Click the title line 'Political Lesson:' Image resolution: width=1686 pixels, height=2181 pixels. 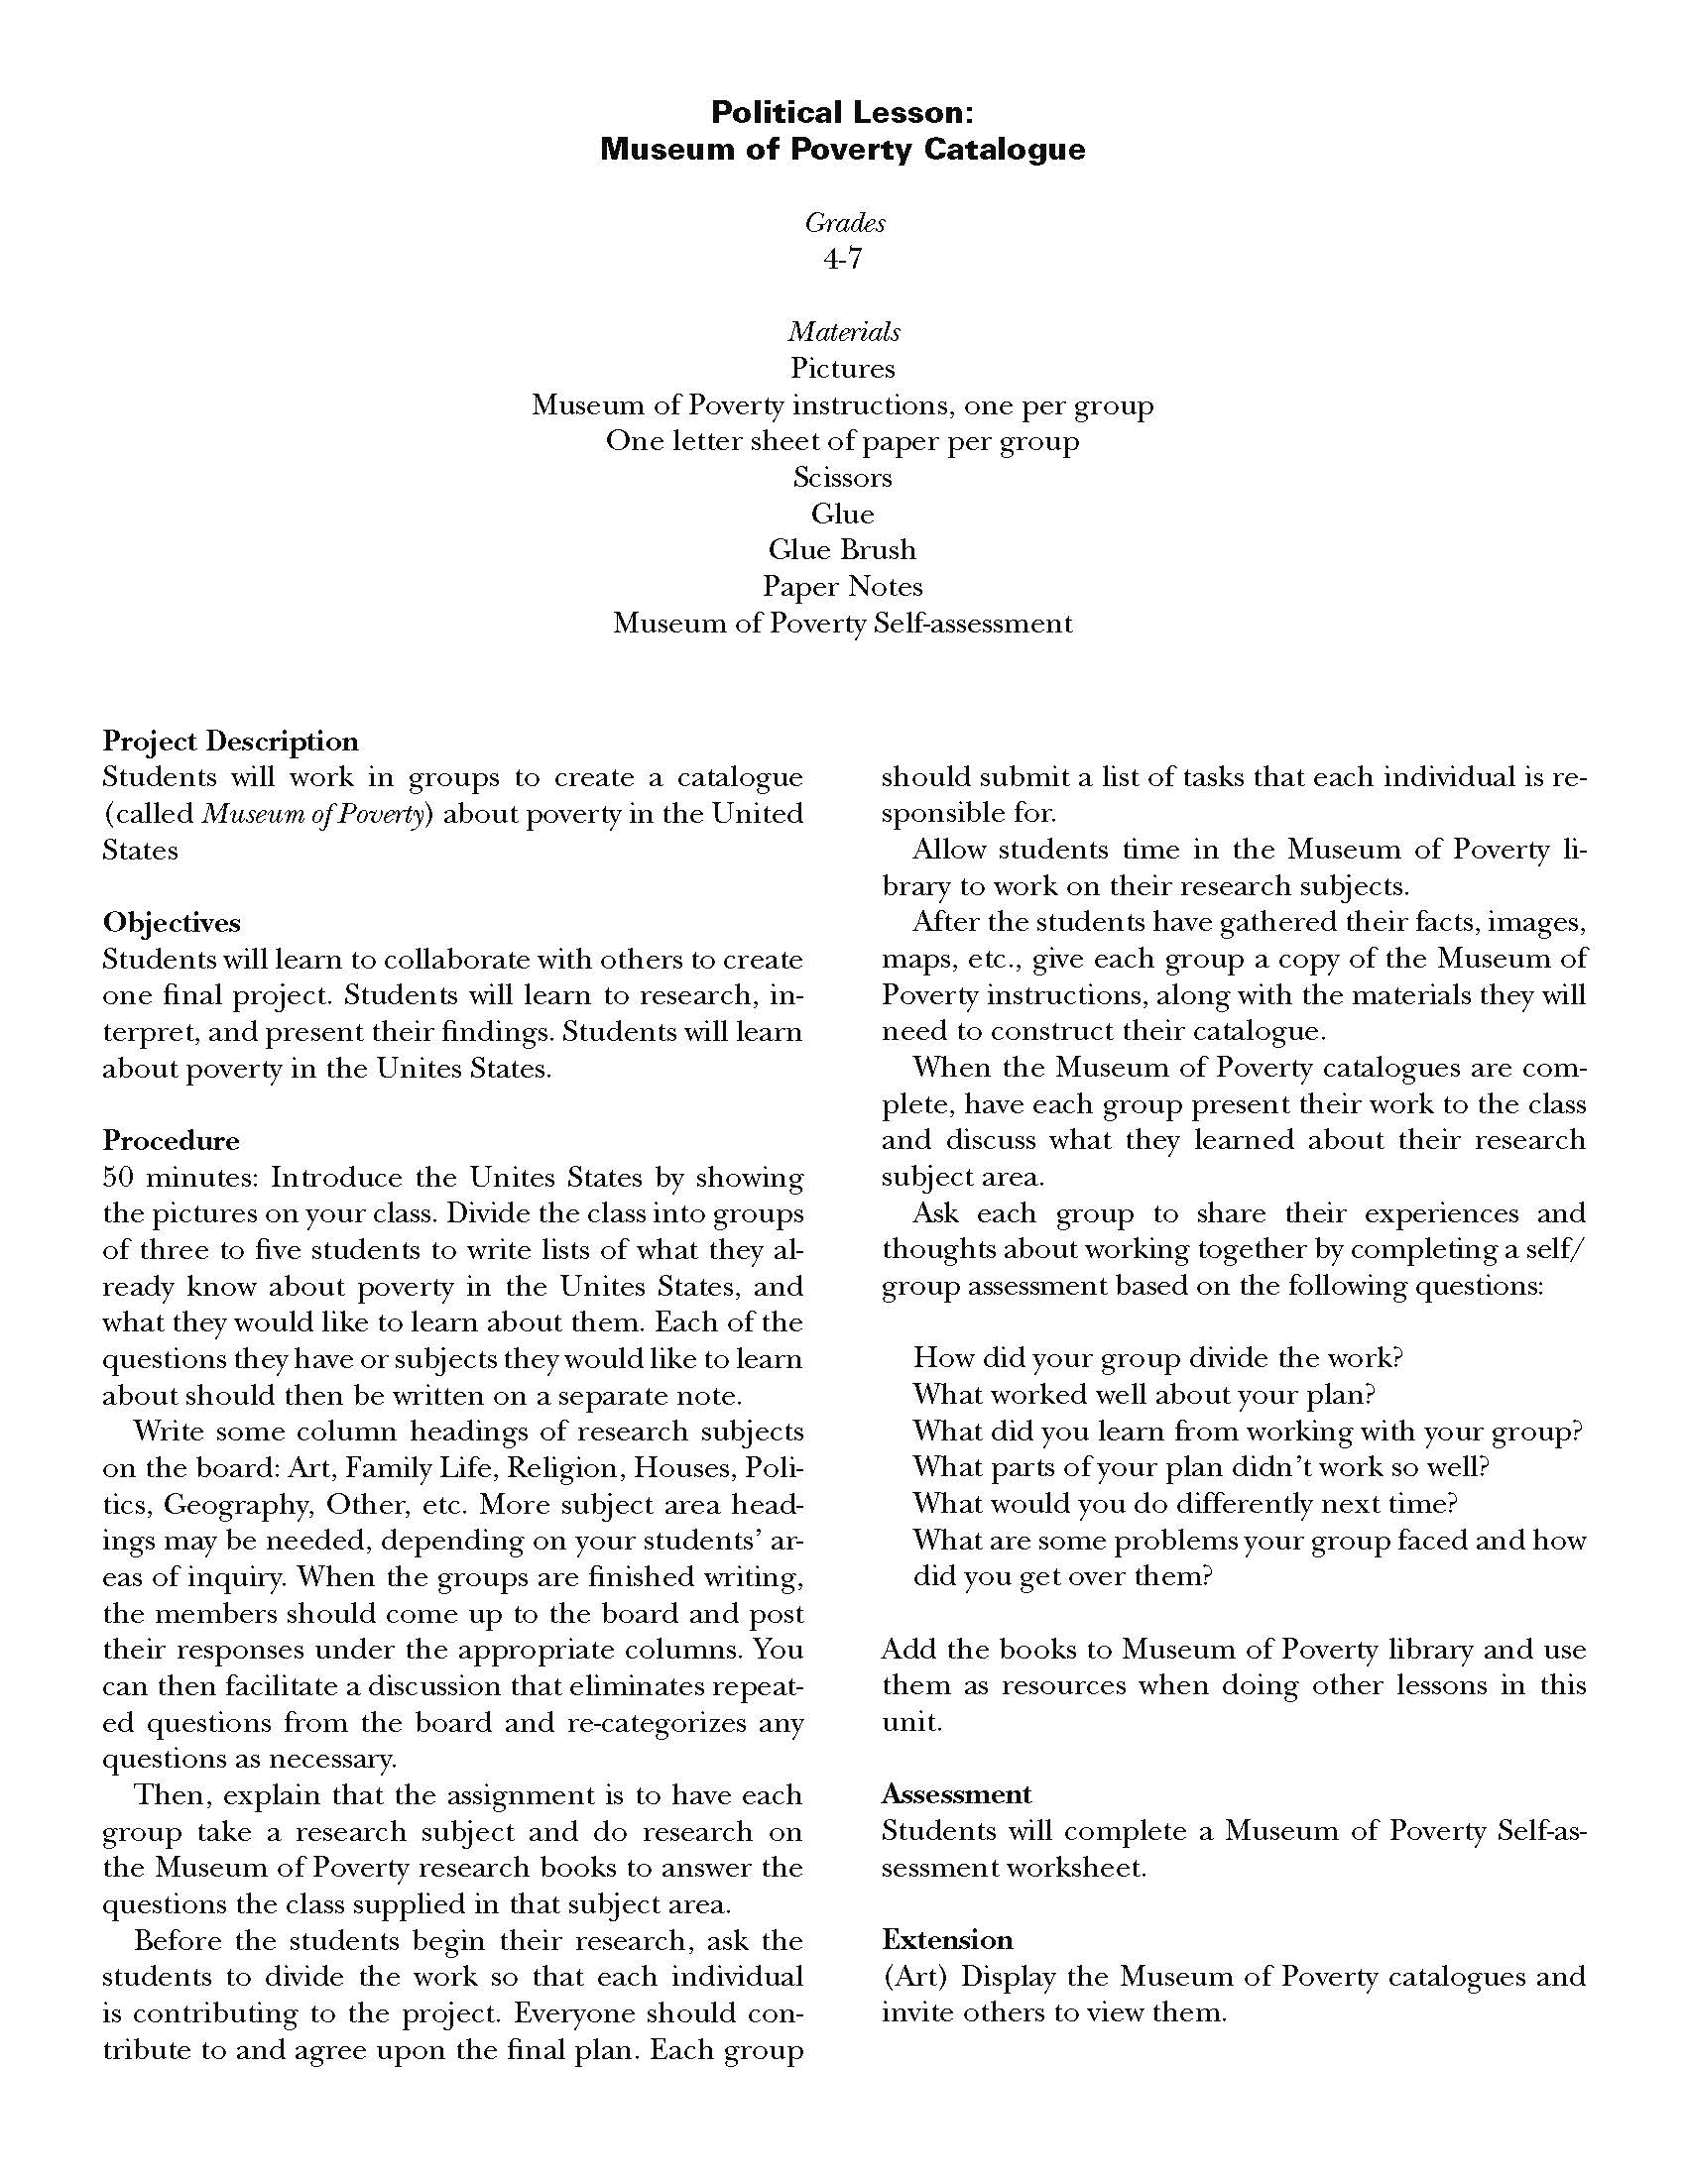(842, 112)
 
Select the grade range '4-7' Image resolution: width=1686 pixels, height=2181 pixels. (842, 259)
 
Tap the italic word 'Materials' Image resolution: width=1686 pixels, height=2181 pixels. (843, 331)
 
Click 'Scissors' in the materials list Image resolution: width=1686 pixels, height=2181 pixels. (842, 478)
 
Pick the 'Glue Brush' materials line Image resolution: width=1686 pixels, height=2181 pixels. (842, 550)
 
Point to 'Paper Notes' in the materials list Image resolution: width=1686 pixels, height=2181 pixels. (842, 586)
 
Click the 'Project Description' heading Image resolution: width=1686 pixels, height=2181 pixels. (231, 741)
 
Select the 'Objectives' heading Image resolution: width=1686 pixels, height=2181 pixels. (172, 922)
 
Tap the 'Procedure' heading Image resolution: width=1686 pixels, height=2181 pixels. (171, 1140)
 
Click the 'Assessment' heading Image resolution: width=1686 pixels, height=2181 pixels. (956, 1794)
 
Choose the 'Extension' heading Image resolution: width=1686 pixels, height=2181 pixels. (947, 1939)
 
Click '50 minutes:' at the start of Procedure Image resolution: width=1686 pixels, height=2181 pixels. (181, 1178)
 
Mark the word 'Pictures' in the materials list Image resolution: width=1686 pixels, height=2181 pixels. (842, 369)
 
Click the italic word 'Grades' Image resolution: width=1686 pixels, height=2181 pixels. (845, 223)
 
